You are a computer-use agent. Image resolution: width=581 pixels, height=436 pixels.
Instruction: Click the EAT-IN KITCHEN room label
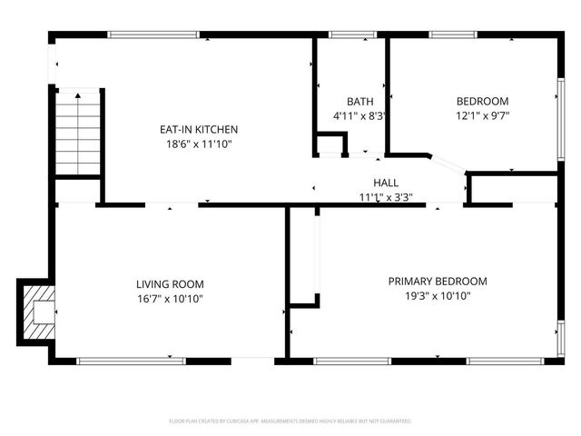pyautogui.click(x=199, y=130)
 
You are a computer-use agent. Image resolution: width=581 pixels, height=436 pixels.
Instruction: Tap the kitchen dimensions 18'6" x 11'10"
pyautogui.click(x=199, y=144)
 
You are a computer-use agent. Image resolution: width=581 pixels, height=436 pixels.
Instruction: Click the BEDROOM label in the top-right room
pyautogui.click(x=482, y=102)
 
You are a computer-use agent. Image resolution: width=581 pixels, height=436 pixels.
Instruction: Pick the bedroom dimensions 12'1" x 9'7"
pyautogui.click(x=482, y=115)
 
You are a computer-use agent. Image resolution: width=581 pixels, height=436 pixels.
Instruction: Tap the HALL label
pyautogui.click(x=386, y=183)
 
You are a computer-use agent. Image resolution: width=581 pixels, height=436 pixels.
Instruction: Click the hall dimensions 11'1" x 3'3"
pyautogui.click(x=386, y=197)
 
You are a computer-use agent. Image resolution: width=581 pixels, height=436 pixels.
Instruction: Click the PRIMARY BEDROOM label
pyautogui.click(x=438, y=282)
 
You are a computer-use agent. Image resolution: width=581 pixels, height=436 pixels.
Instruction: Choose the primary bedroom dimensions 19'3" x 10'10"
pyautogui.click(x=438, y=296)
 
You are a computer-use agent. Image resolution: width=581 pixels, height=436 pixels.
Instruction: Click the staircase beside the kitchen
pyautogui.click(x=80, y=132)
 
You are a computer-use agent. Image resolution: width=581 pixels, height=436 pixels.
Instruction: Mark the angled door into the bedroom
pyautogui.click(x=446, y=166)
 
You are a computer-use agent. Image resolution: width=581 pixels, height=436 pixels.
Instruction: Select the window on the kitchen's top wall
pyautogui.click(x=155, y=35)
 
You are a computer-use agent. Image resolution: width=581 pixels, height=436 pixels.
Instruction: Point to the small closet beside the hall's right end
pyautogui.click(x=514, y=189)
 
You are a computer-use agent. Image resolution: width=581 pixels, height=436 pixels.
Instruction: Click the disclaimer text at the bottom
pyautogui.click(x=290, y=421)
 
